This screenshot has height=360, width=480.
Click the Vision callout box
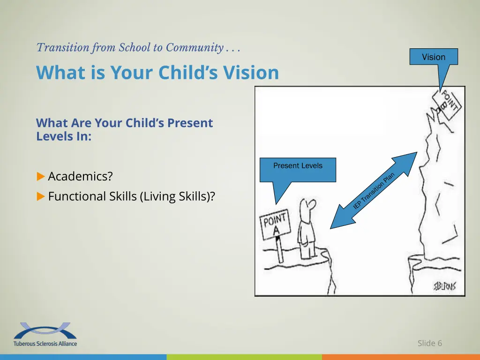[x=433, y=57]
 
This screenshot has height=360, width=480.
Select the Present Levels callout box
[x=298, y=169]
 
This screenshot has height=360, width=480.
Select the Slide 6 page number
[x=429, y=343]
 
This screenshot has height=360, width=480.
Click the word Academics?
[x=80, y=177]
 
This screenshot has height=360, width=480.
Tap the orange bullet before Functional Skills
[x=40, y=196]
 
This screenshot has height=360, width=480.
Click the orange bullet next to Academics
[x=40, y=177]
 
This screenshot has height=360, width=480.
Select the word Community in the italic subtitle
[x=194, y=47]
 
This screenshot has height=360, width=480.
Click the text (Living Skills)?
[x=177, y=196]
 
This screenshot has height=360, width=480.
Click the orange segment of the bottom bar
[x=401, y=357]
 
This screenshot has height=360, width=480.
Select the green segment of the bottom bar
[x=244, y=357]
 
